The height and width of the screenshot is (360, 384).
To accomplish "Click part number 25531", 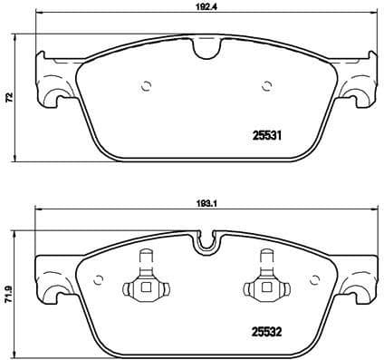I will tap(267, 137).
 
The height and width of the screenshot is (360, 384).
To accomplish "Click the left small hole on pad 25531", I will tap(146, 87).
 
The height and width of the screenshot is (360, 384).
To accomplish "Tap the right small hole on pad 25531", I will tap(266, 87).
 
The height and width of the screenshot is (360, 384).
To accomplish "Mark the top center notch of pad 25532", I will tap(206, 241).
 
